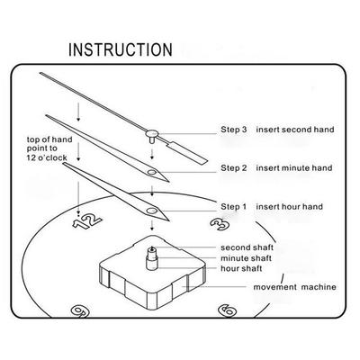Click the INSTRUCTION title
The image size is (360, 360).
coord(121,49)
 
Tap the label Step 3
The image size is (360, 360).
coord(234,130)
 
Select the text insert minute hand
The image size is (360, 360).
coord(294,167)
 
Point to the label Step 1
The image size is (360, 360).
coord(233,207)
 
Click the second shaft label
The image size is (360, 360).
coord(247,247)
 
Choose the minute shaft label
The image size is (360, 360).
coord(246,258)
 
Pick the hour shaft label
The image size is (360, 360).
coord(241,268)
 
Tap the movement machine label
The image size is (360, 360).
coord(294,287)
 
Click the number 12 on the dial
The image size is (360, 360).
coord(87,222)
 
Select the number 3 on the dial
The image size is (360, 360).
coord(220,223)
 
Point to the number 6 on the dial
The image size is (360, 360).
coord(227,310)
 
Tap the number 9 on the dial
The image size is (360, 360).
coord(80,310)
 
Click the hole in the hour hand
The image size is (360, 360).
coord(151,211)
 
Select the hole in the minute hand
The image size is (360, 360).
coord(151,173)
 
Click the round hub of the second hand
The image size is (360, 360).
coord(152,132)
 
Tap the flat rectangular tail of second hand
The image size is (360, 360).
coord(186,153)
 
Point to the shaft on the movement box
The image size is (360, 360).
coord(152,257)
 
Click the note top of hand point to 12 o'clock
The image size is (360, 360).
coord(49,148)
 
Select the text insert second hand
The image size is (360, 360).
coord(295,130)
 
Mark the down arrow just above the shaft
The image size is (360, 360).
coord(152,226)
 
